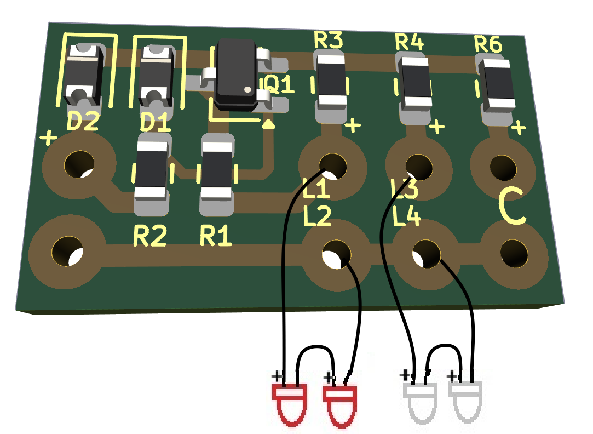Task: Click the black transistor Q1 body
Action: (237, 75)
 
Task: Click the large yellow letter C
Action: (512, 208)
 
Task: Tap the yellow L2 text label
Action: (317, 218)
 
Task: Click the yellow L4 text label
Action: (406, 218)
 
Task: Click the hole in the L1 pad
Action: (332, 165)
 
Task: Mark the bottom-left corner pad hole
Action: (67, 250)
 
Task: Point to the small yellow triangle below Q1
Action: (268, 124)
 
